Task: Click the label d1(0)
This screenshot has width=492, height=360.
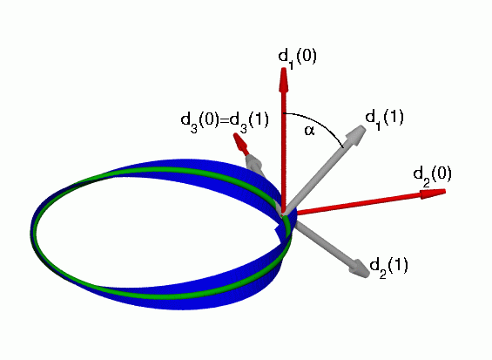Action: (x=298, y=58)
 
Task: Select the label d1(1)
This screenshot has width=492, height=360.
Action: (x=384, y=119)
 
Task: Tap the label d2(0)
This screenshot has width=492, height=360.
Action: (x=433, y=176)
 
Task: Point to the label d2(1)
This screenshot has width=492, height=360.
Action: (x=389, y=268)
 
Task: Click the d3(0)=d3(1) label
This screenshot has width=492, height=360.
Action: (x=225, y=122)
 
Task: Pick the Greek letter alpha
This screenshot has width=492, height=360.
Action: (x=309, y=131)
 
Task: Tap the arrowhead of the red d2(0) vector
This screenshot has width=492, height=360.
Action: (x=434, y=194)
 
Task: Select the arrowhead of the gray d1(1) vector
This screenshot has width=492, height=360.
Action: (x=356, y=134)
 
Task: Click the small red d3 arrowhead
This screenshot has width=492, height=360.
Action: (x=240, y=143)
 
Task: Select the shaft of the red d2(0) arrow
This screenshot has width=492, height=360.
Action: (x=359, y=205)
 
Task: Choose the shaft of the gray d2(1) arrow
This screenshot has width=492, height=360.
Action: (x=324, y=241)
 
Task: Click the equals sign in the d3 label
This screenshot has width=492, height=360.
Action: (x=224, y=120)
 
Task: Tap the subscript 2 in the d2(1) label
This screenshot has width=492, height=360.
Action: (x=382, y=274)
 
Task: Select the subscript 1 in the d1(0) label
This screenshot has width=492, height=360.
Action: (x=291, y=65)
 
